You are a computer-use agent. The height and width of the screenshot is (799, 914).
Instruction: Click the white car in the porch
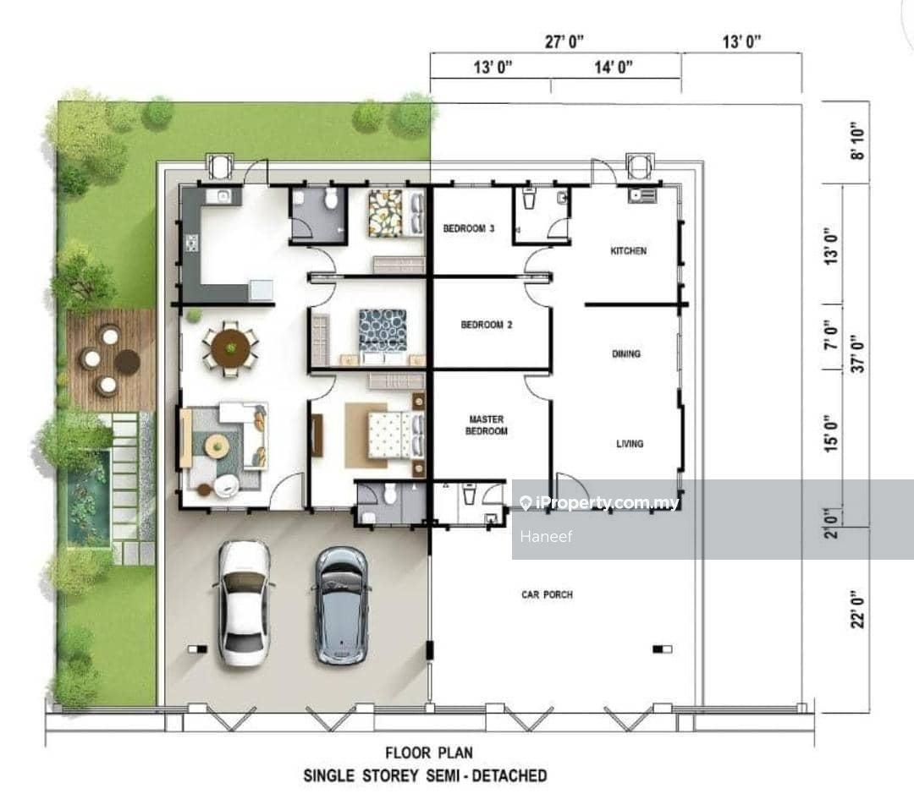tap(244, 603)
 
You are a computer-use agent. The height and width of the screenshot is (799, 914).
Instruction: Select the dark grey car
tap(342, 605)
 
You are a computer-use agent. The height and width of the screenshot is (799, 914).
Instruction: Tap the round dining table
tap(231, 348)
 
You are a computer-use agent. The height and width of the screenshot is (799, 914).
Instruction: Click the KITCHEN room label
tap(628, 251)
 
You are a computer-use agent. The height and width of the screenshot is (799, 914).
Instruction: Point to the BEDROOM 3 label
tap(469, 228)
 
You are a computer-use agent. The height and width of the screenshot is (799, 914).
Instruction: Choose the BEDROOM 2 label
tap(487, 325)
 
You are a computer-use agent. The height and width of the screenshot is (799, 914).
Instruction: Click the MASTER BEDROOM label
tap(486, 425)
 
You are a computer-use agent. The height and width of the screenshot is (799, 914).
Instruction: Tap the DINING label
tap(626, 353)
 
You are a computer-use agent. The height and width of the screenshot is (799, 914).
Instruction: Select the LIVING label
tap(630, 444)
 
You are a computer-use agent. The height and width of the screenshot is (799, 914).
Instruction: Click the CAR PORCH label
tap(547, 594)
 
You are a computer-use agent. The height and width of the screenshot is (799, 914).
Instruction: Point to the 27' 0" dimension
tap(564, 41)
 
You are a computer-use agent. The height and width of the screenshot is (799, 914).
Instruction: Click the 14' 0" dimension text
tap(614, 67)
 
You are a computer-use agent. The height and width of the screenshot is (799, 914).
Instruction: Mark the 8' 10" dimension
tap(857, 141)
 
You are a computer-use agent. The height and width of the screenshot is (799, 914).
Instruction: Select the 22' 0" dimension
tap(857, 611)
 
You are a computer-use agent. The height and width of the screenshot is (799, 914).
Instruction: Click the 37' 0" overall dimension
tap(857, 353)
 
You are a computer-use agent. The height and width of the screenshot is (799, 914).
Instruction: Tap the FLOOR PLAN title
tap(429, 753)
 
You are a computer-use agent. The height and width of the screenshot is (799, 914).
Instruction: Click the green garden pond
tap(89, 497)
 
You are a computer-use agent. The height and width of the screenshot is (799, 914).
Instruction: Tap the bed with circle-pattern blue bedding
tap(383, 331)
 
